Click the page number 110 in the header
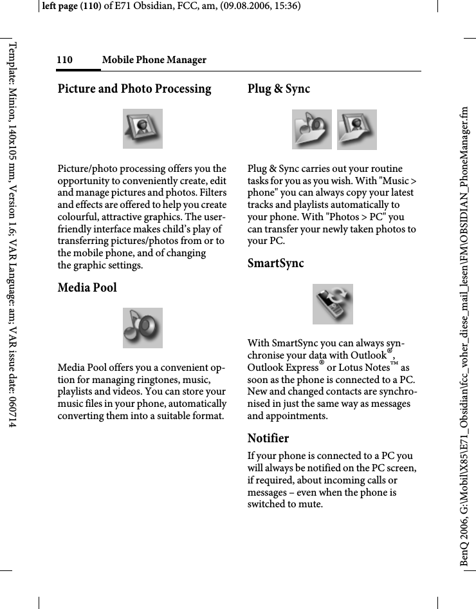point(64,60)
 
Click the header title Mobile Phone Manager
point(154,60)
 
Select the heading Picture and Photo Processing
point(134,89)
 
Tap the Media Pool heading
point(87,287)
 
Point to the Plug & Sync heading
point(279,89)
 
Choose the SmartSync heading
point(275,263)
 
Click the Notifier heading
point(268,438)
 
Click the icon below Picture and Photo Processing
point(143,128)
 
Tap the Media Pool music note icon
point(143,328)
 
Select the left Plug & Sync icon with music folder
point(312,129)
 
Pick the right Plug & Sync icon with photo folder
point(357,129)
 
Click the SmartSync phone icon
point(333,304)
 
